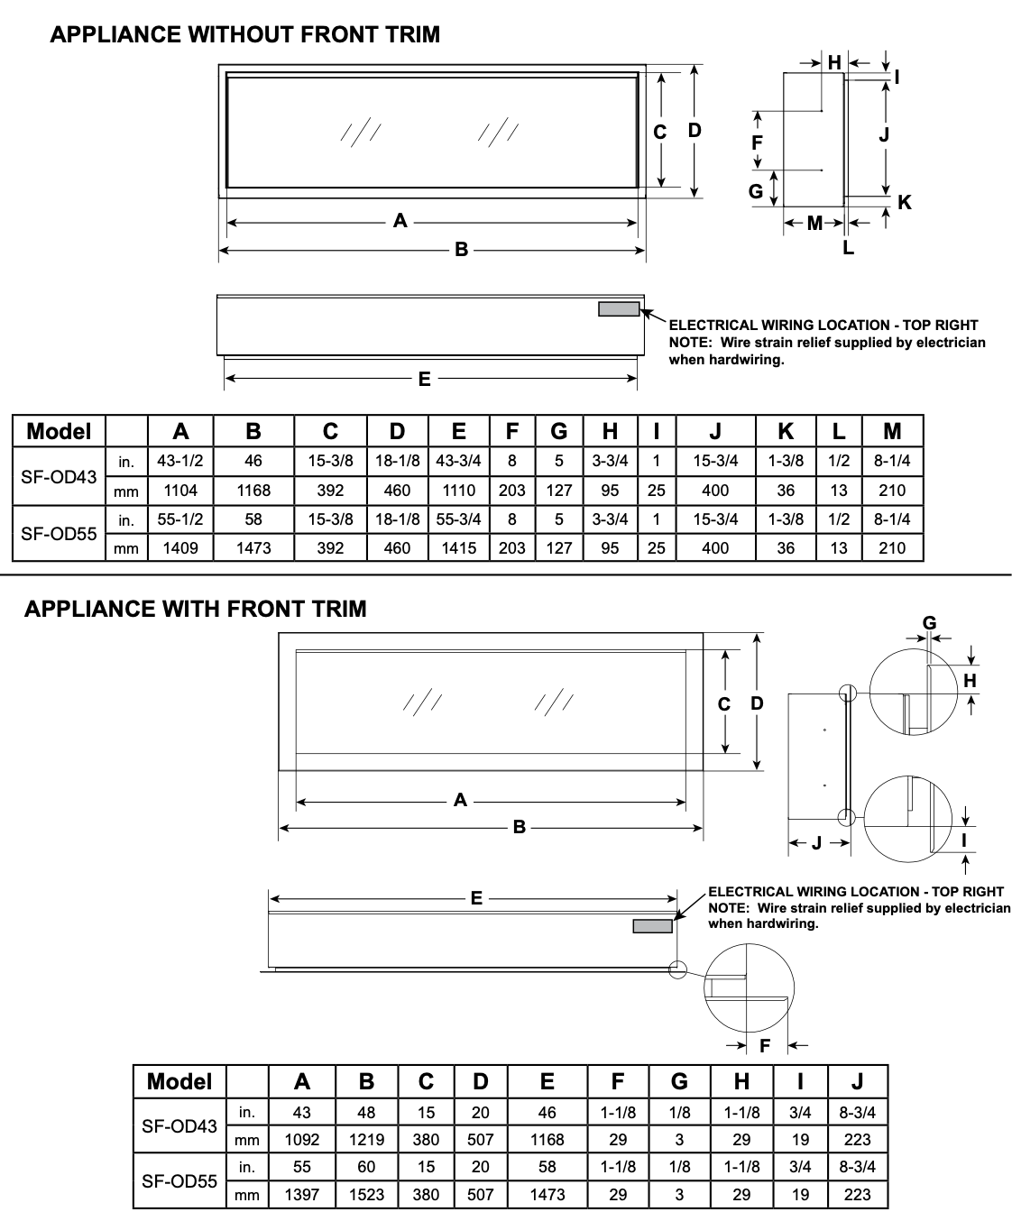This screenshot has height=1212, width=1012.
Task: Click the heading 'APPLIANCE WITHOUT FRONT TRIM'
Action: [x=245, y=35]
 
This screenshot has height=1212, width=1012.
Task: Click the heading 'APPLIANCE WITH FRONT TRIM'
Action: [x=196, y=609]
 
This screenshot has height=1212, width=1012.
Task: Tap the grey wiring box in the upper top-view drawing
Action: [x=619, y=309]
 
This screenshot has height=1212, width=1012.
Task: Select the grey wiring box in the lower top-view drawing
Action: [x=652, y=926]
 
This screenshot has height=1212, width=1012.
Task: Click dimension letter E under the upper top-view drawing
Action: [x=424, y=380]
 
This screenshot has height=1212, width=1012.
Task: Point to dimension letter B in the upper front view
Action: [x=461, y=250]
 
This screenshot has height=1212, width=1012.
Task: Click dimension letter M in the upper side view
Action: [x=814, y=223]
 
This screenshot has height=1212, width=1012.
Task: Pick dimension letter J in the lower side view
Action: [x=816, y=843]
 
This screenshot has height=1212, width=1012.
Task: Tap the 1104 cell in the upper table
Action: [x=180, y=491]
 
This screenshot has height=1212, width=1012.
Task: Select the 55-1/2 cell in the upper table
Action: [x=180, y=519]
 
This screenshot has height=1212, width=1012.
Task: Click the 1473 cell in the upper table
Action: [x=253, y=547]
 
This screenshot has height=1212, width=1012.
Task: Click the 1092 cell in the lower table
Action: [x=302, y=1140]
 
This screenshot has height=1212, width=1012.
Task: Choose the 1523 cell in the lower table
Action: [x=366, y=1194]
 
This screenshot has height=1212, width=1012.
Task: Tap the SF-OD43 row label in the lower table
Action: [x=179, y=1125]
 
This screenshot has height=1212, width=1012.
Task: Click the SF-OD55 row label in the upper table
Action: [x=59, y=533]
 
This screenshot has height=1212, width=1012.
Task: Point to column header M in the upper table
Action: [x=892, y=431]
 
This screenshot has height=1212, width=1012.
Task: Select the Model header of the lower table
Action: [x=179, y=1081]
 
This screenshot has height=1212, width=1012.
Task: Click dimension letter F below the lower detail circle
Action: [x=765, y=1046]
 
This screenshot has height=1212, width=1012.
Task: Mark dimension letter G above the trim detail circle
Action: [x=929, y=622]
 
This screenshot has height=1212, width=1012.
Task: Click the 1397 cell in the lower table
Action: [x=302, y=1194]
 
